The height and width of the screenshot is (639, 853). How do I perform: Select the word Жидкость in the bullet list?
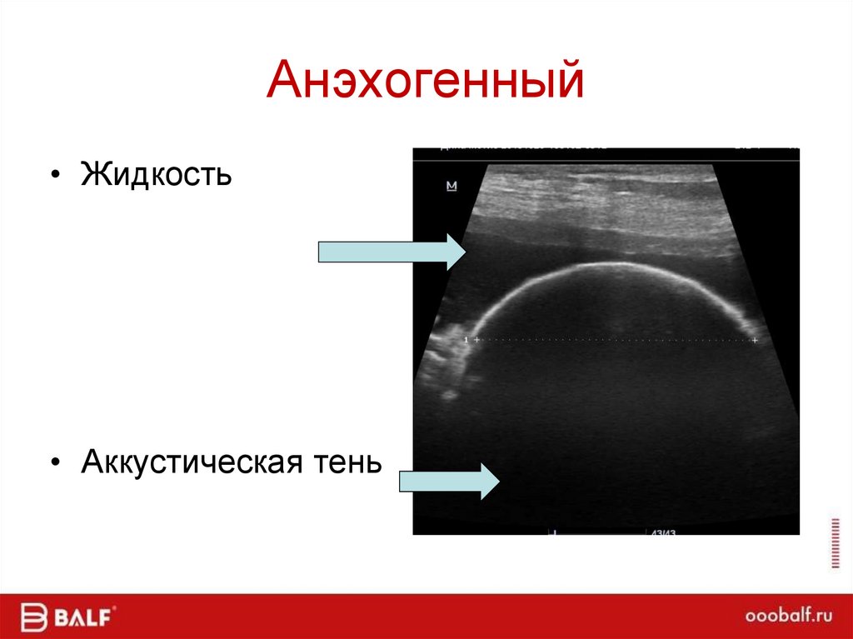pos(156,175)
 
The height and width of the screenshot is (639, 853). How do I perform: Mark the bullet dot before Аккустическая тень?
pos(56,462)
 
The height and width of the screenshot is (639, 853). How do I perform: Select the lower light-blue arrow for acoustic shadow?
pos(448,482)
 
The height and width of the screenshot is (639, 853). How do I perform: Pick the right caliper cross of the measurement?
pos(755,340)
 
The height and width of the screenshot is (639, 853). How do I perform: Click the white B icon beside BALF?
pos(32,617)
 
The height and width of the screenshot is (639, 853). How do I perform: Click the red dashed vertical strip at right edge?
pos(836,542)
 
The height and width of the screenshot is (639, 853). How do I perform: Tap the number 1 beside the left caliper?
pos(466,340)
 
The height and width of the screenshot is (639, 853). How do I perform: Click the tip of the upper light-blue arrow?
pos(467,252)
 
